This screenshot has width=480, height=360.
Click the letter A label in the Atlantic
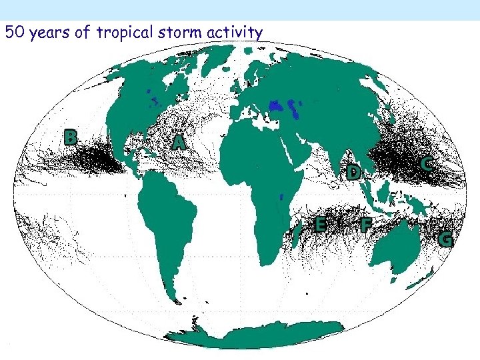coord(178,142)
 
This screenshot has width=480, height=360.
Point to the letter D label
coord(354,173)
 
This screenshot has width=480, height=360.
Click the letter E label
coord(321,225)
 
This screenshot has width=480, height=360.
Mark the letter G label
coord(445,239)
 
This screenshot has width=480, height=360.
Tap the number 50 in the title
coord(13,31)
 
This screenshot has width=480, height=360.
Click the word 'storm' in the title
coord(178,31)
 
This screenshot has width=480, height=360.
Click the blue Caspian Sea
coord(275,106)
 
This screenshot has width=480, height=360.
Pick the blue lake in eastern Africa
coord(281,197)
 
